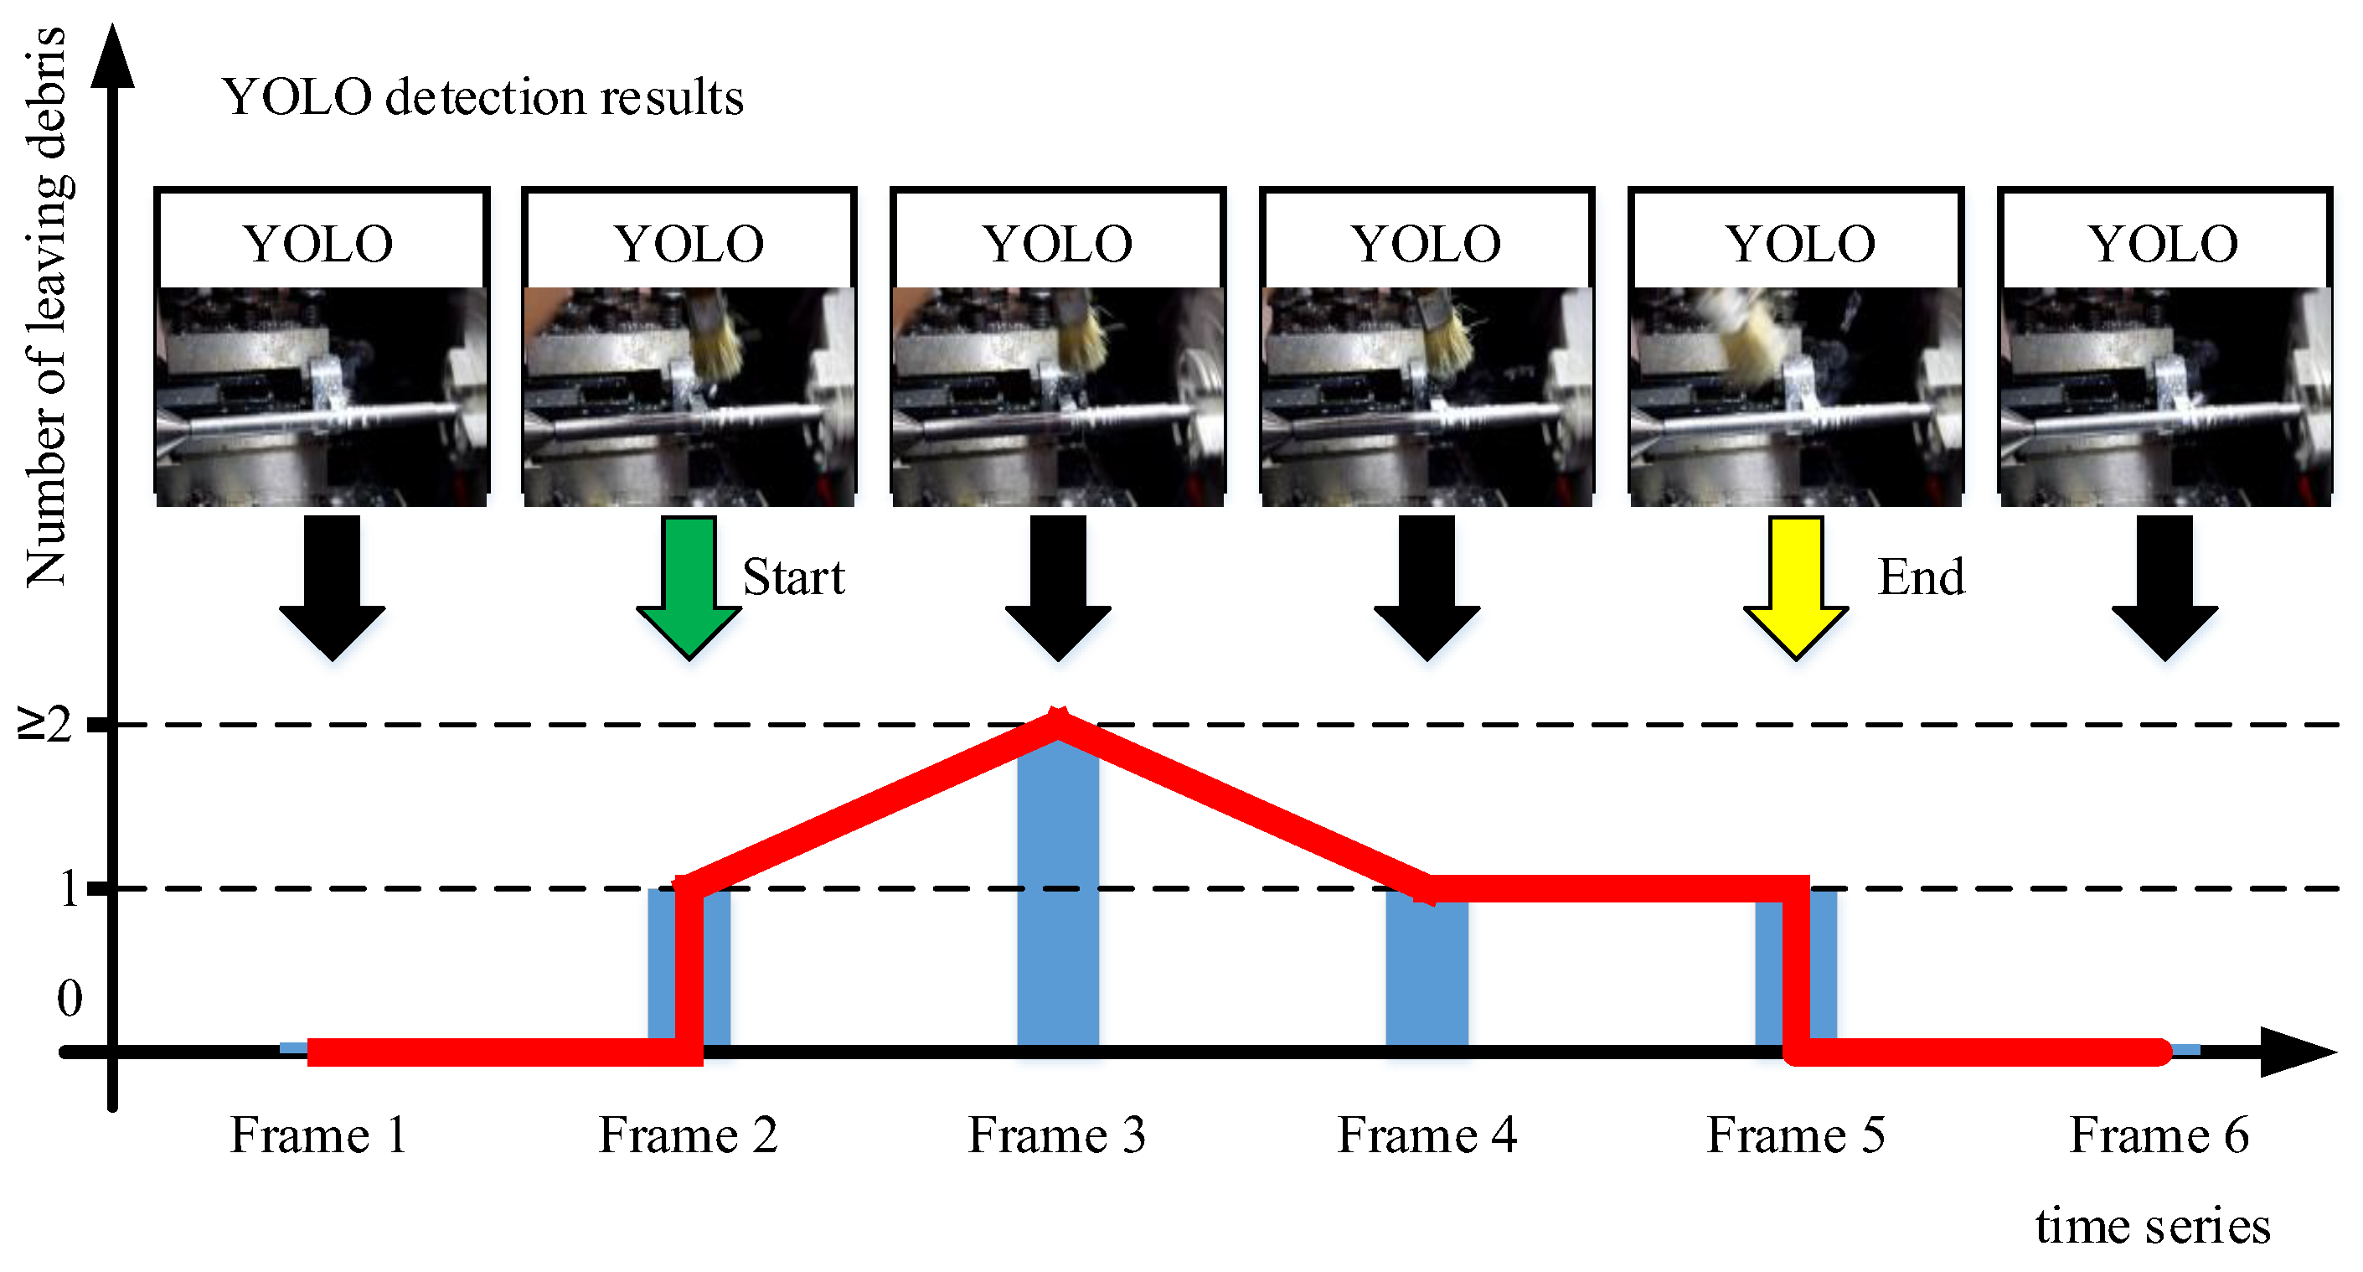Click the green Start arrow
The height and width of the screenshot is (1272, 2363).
coord(689,587)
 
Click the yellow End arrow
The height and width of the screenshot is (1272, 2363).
coord(1795,587)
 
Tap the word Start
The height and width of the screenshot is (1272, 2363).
coord(793,577)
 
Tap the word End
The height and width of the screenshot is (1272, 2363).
coord(1921,577)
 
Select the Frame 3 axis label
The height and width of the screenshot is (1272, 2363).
coord(1057,1135)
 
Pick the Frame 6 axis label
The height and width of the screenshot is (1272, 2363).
coord(2159,1135)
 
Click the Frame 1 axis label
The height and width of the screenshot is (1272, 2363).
coord(317,1135)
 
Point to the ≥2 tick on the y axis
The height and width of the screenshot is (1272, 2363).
coord(46,725)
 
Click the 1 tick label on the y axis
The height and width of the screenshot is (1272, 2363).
coord(69,888)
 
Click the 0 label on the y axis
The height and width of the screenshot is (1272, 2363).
coord(70,998)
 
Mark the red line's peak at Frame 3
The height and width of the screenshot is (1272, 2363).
coord(1059,721)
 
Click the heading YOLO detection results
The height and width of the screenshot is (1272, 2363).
coord(482,96)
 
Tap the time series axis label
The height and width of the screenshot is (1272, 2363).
coord(2152,1225)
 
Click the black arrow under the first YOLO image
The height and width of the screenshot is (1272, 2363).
coord(332,587)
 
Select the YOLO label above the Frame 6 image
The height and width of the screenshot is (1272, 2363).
coord(2163,243)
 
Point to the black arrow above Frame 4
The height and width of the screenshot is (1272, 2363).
coord(1427,587)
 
